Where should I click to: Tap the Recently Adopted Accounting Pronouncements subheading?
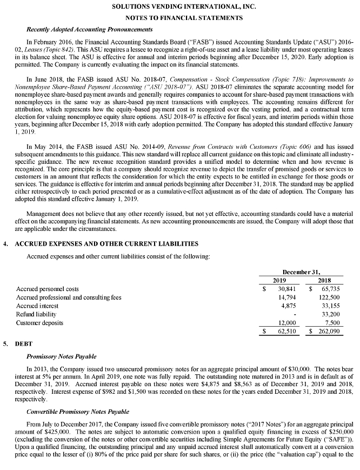coord(89,29)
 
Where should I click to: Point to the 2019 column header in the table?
coord(279,281)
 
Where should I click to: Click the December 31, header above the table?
coord(302,272)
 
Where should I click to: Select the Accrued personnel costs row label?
coord(48,289)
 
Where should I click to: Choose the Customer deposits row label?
coord(39,323)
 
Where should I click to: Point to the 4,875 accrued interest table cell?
coord(287,306)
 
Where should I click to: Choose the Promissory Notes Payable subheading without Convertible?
coord(61,356)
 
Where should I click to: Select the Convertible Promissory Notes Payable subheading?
coord(76,412)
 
